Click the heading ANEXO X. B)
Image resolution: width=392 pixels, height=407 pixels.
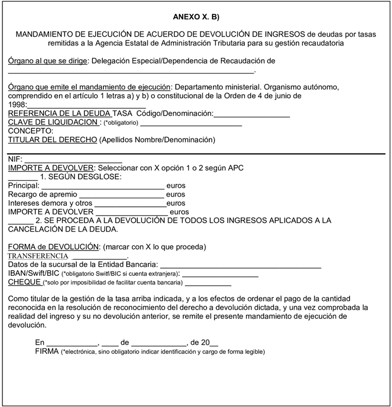tap(196, 17)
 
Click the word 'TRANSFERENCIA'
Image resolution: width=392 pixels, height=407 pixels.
tap(39, 255)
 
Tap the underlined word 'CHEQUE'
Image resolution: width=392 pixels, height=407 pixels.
tap(25, 282)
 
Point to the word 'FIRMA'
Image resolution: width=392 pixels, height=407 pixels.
tap(47, 351)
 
